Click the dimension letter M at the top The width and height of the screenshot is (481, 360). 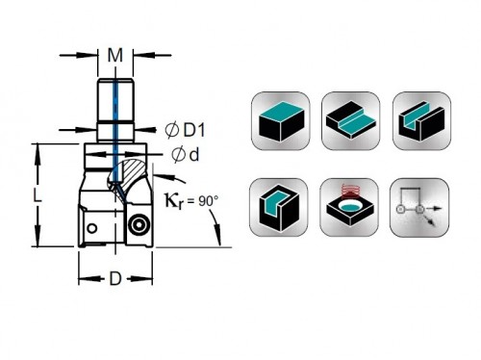click(x=115, y=55)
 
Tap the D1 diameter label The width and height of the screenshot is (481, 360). click(x=185, y=130)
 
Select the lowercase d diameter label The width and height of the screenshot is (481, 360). click(x=185, y=155)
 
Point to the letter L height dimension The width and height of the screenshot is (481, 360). click(x=38, y=194)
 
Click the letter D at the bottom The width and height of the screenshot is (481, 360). click(x=115, y=279)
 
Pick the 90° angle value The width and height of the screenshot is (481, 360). click(x=209, y=201)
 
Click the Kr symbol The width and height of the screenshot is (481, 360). click(x=174, y=201)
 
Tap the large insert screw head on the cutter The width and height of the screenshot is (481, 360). click(x=139, y=225)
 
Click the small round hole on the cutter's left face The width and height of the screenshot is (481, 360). click(x=92, y=228)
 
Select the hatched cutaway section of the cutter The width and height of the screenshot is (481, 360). click(x=128, y=176)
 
